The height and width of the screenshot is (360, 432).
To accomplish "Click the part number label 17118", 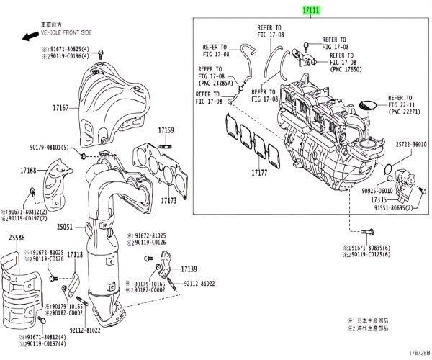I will [x=74, y=254].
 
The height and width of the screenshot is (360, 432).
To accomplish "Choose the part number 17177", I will [x=259, y=174].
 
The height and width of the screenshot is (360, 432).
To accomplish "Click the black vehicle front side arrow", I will [x=30, y=34].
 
